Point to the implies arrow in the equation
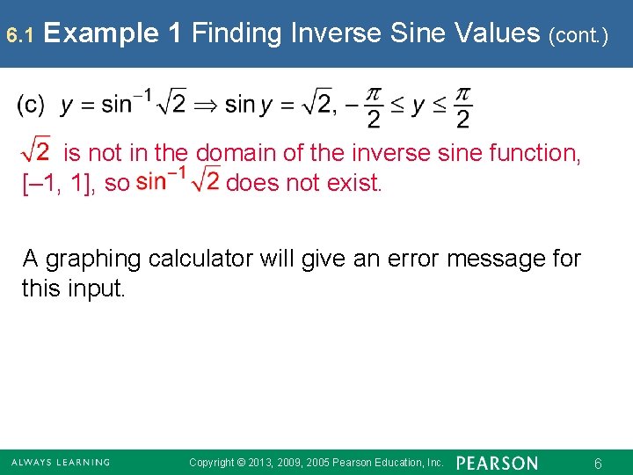(x=205, y=106)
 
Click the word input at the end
(x=97, y=289)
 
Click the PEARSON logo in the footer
(x=498, y=463)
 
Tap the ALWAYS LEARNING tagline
(x=61, y=463)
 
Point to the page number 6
(x=598, y=463)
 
